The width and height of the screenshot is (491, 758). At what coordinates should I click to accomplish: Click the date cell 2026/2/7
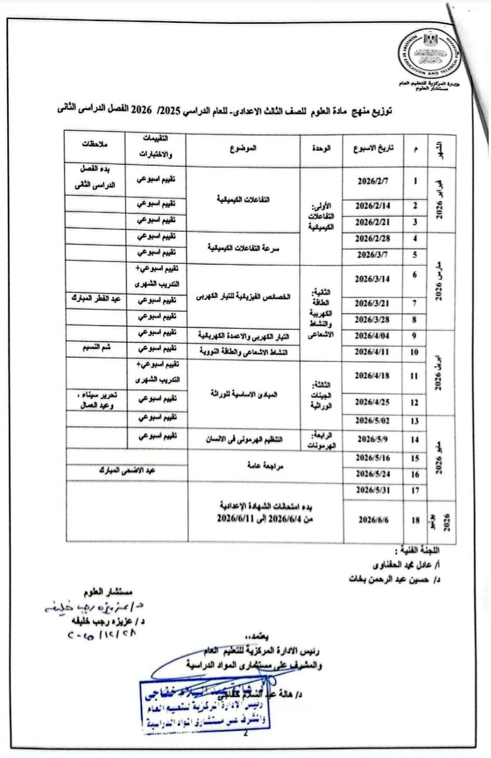373,182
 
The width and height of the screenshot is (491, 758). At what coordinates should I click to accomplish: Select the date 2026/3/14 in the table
373,279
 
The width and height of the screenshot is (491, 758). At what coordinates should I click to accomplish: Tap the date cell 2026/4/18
373,376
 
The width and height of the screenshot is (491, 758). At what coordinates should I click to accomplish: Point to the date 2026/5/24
373,474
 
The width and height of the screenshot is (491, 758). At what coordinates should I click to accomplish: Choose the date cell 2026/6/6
373,520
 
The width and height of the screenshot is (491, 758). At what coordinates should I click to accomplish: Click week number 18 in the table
415,520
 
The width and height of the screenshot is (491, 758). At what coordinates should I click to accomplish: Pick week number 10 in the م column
415,352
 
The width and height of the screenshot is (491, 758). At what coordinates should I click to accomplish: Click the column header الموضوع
243,148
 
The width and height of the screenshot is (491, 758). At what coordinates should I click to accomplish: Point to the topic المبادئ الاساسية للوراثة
243,394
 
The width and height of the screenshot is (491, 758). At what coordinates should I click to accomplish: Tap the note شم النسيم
96,348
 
